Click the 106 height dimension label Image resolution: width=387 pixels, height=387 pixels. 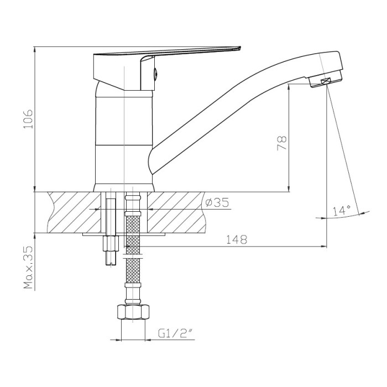(28, 119)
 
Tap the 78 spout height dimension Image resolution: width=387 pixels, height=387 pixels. (282, 143)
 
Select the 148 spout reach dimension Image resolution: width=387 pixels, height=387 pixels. (237, 239)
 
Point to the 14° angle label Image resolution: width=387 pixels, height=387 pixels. (342, 211)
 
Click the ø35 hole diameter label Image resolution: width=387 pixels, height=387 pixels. (217, 202)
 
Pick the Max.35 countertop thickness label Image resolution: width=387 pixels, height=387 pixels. (28, 267)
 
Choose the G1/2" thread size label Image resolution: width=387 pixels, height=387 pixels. (175, 334)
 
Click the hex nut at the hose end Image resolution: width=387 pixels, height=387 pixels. (133, 312)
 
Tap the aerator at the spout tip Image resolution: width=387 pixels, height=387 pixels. (325, 79)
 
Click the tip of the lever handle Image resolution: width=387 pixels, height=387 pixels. (240, 48)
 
